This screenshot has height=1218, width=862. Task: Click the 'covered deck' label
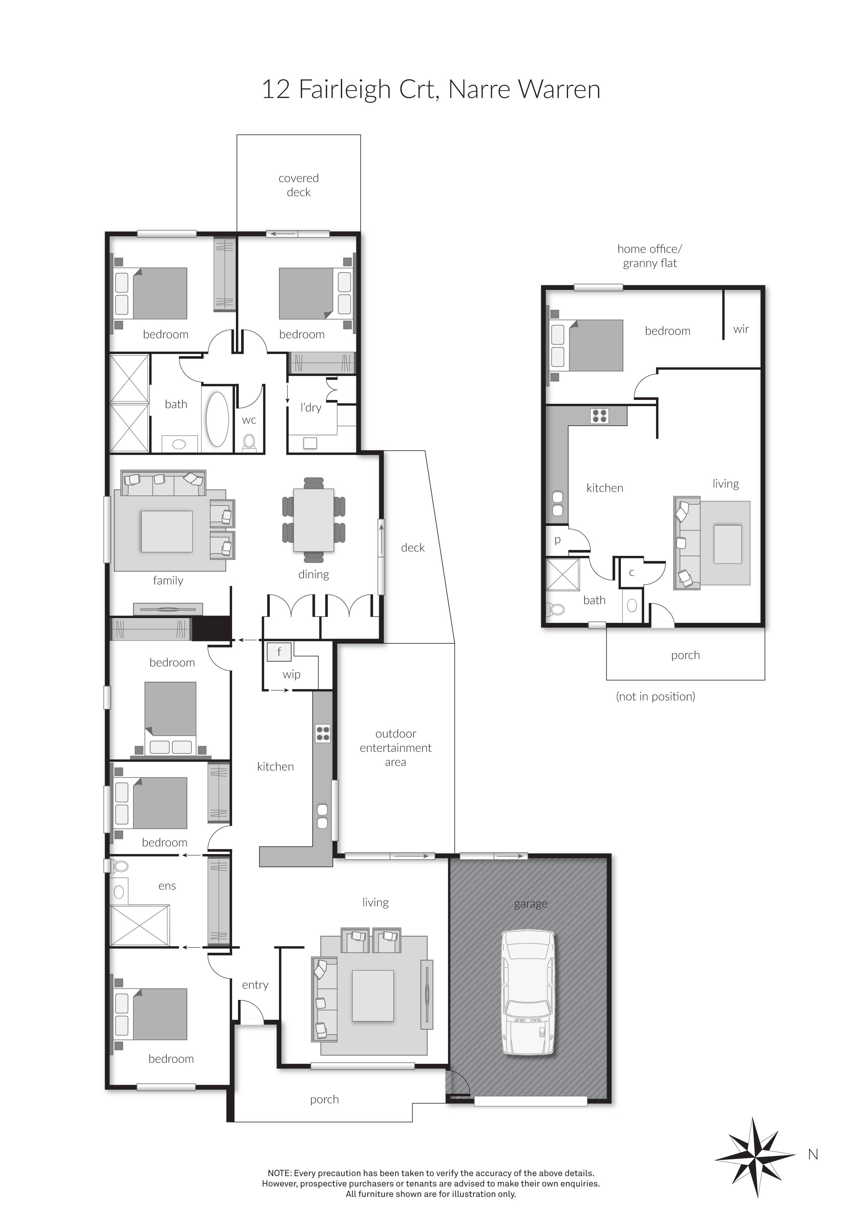pyautogui.click(x=298, y=185)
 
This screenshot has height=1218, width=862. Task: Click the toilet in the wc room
pyautogui.click(x=249, y=442)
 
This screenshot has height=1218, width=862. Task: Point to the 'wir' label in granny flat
pyautogui.click(x=741, y=329)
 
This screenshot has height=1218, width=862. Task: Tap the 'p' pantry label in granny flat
pyautogui.click(x=557, y=540)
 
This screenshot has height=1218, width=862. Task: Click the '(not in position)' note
pyautogui.click(x=655, y=696)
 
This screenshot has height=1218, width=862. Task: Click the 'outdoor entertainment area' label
pyautogui.click(x=395, y=748)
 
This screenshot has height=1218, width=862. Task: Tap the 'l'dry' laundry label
pyautogui.click(x=311, y=407)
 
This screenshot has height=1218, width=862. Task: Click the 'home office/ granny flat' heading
pyautogui.click(x=650, y=256)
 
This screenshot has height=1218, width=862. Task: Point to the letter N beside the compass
pyautogui.click(x=813, y=1155)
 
